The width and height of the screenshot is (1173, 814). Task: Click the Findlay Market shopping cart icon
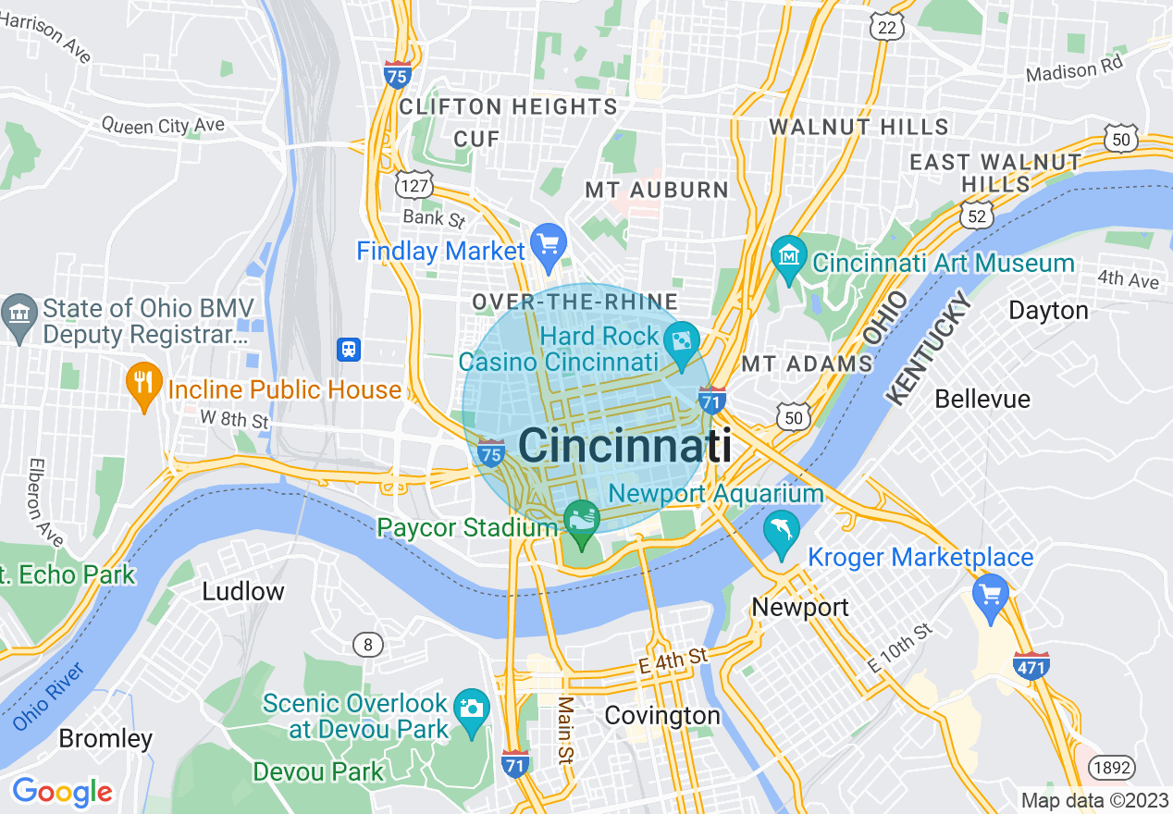pos(549,243)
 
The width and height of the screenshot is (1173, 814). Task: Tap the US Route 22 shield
pos(887,27)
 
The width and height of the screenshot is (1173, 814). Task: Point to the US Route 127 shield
pos(413,185)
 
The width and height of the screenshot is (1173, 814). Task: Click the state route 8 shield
pos(368,645)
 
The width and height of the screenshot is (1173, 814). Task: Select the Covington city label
pos(661,716)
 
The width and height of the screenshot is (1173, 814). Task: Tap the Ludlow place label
pos(243,591)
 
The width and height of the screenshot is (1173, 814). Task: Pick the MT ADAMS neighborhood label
pos(808,364)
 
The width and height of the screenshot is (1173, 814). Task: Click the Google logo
pos(62,791)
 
